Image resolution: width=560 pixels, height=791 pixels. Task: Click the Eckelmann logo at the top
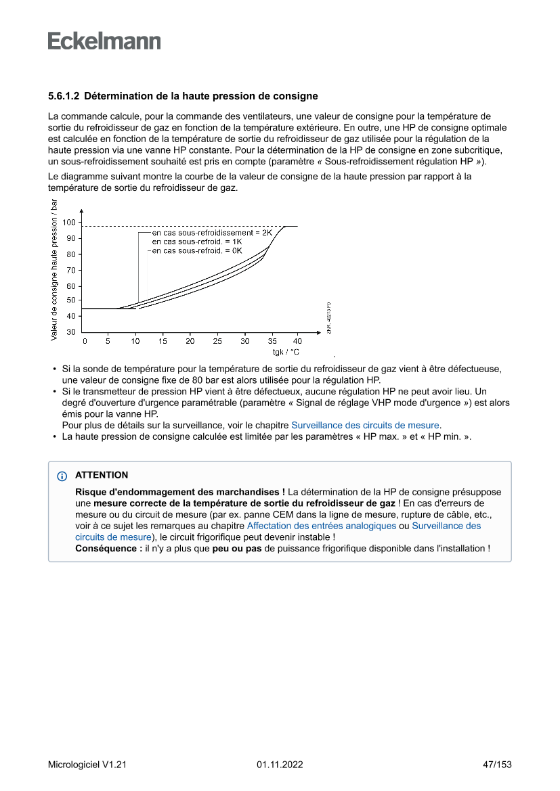pyautogui.click(x=104, y=41)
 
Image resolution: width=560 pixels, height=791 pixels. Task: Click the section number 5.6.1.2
pyautogui.click(x=64, y=96)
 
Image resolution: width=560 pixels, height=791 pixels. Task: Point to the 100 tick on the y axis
pyautogui.click(x=69, y=222)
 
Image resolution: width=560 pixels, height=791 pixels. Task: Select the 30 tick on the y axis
pyautogui.click(x=71, y=332)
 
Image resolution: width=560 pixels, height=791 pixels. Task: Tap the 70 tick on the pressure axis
pyautogui.click(x=71, y=270)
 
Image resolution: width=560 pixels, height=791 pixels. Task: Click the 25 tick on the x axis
pyautogui.click(x=217, y=341)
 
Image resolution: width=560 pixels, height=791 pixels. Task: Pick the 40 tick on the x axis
pyautogui.click(x=297, y=341)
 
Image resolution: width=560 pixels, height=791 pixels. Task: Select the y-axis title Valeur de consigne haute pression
pyautogui.click(x=54, y=269)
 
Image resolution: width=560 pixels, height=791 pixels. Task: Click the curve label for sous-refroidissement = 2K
pyautogui.click(x=211, y=232)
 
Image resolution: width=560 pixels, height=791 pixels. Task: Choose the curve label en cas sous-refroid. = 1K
pyautogui.click(x=196, y=241)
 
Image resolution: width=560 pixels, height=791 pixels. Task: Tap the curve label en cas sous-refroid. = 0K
pyautogui.click(x=196, y=250)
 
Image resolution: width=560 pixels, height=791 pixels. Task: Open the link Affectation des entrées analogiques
pyautogui.click(x=322, y=525)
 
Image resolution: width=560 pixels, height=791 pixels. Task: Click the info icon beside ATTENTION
pyautogui.click(x=62, y=476)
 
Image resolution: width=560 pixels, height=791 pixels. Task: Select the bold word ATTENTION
pyautogui.click(x=102, y=476)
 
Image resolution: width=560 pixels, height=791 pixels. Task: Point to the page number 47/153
pyautogui.click(x=497, y=765)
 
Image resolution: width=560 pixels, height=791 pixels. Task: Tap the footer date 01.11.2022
pyautogui.click(x=280, y=765)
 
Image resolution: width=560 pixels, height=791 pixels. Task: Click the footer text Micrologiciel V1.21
pyautogui.click(x=87, y=765)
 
